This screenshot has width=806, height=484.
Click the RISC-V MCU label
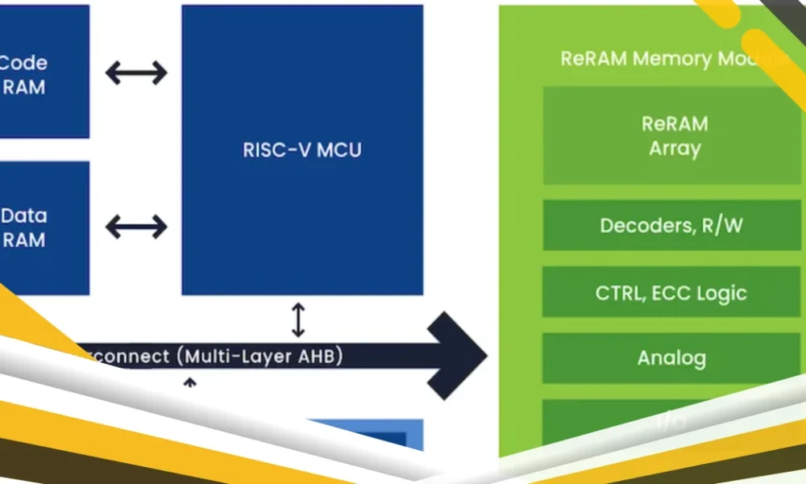coord(302,150)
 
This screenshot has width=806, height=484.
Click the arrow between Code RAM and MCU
coord(136,73)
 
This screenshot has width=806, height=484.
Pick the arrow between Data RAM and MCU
coord(136,227)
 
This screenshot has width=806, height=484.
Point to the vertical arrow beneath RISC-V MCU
coord(298,319)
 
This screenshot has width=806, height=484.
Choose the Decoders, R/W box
coord(671,225)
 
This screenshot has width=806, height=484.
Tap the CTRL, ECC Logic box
coord(671,292)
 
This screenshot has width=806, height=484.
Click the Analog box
coord(671,357)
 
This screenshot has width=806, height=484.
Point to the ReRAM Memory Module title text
coord(669,59)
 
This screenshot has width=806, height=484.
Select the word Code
coord(24,63)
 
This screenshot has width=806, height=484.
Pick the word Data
coord(24,216)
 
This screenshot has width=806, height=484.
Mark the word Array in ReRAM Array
coord(675,148)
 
